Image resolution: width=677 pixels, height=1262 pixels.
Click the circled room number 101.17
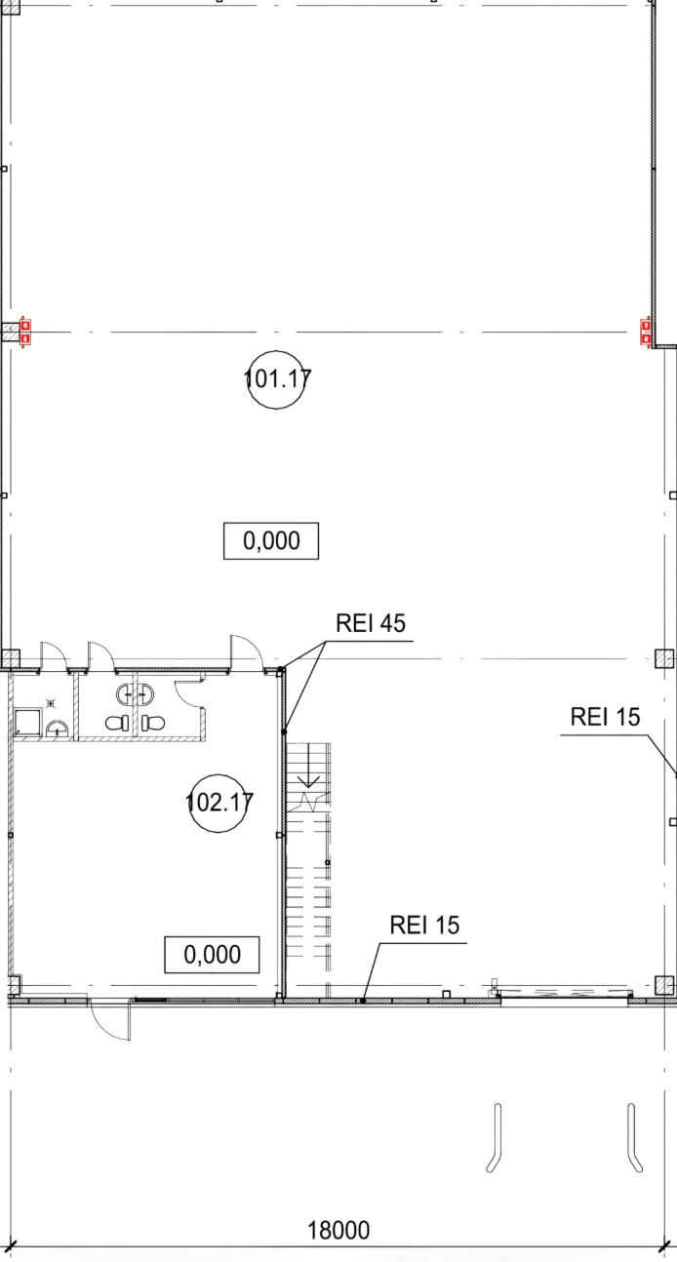[277, 378]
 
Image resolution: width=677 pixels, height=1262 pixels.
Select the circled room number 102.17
[219, 803]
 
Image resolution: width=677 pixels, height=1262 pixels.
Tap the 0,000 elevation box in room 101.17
[271, 540]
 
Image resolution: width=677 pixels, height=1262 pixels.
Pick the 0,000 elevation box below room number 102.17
[212, 954]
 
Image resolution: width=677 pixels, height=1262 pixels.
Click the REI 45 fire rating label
[370, 623]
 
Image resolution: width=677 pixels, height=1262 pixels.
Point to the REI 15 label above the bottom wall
[424, 925]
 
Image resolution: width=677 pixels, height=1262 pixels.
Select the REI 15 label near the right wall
[605, 717]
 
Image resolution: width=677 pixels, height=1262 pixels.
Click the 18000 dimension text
[338, 1230]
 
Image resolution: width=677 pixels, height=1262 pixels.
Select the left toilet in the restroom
[117, 724]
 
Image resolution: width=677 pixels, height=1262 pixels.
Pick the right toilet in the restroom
[151, 724]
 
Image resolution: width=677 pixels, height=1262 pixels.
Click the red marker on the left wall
[26, 333]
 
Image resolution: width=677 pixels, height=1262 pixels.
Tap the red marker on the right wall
[645, 332]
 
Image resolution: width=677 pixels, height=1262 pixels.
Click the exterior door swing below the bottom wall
[109, 1020]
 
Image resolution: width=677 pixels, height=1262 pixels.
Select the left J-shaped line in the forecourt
[496, 1137]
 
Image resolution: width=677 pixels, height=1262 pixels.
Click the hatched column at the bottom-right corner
[664, 984]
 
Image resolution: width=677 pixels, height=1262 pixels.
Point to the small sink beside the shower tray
[57, 728]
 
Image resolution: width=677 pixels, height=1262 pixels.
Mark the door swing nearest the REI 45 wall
[245, 651]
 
